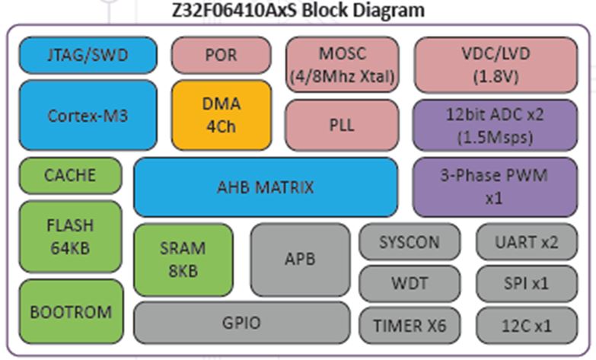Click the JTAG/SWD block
tap(88, 56)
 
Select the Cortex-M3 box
tap(88, 115)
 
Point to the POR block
tap(221, 56)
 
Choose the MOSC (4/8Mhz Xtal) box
tap(342, 65)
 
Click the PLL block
tap(342, 125)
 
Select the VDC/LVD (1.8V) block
tap(495, 65)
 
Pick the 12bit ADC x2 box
tap(495, 125)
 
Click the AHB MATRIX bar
tap(266, 186)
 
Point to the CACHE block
tap(70, 175)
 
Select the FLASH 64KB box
tap(70, 236)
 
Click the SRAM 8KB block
tap(183, 259)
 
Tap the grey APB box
tap(300, 259)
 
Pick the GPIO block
tap(242, 323)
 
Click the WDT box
tap(410, 283)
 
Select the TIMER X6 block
tap(410, 325)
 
